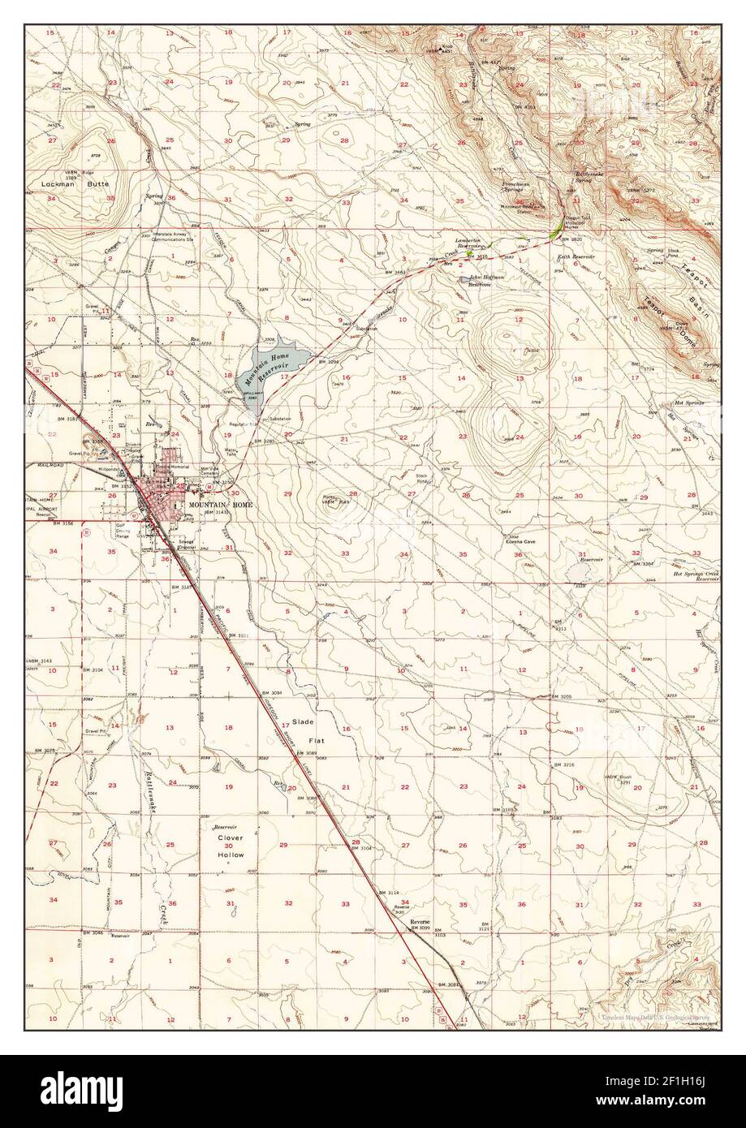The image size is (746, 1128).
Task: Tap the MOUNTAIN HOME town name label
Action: [220, 504]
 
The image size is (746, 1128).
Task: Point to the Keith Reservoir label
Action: [575, 256]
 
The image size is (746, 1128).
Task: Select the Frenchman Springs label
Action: [515, 188]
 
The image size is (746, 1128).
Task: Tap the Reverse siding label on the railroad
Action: [420, 923]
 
